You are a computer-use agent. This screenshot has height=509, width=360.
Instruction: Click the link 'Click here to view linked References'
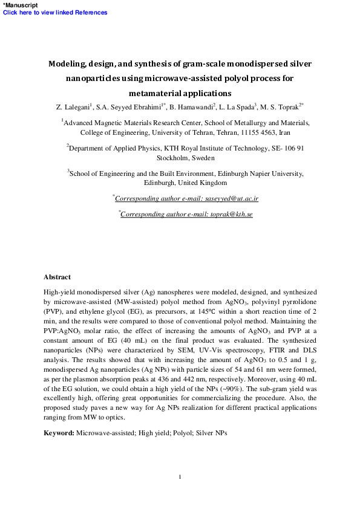[56, 13]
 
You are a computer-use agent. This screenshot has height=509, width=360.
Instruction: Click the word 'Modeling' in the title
[68, 63]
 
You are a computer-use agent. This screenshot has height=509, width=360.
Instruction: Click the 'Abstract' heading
[57, 277]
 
